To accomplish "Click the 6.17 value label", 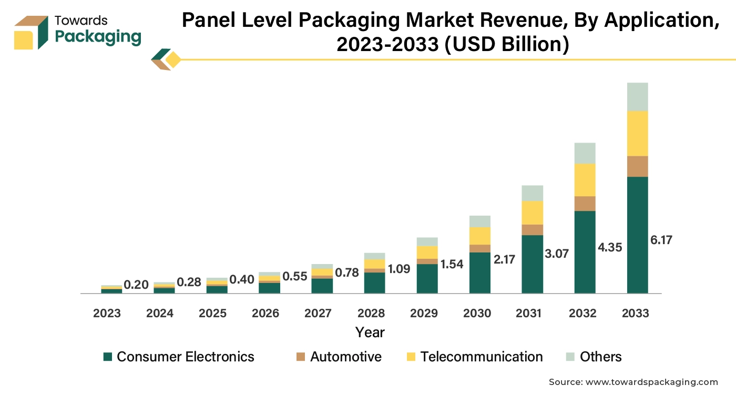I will pyautogui.click(x=661, y=240).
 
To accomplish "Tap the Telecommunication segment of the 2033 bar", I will pyautogui.click(x=637, y=133).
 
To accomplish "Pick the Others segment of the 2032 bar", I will pyautogui.click(x=585, y=153).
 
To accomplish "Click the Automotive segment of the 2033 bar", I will pyautogui.click(x=637, y=166).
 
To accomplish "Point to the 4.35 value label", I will pyautogui.click(x=610, y=247).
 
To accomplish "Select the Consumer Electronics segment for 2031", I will pyautogui.click(x=532, y=264).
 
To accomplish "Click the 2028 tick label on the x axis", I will pyautogui.click(x=371, y=313).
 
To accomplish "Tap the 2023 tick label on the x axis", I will pyautogui.click(x=107, y=313).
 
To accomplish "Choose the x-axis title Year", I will pyautogui.click(x=370, y=332).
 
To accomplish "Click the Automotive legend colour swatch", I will pyautogui.click(x=301, y=357).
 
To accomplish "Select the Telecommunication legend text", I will pyautogui.click(x=482, y=357).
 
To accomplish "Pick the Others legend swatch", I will pyautogui.click(x=570, y=357).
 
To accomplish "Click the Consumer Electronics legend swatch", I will pyautogui.click(x=108, y=357).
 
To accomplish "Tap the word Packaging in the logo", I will pyautogui.click(x=98, y=37).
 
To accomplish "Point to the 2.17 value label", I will pyautogui.click(x=505, y=259).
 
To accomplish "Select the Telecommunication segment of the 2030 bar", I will pyautogui.click(x=479, y=236).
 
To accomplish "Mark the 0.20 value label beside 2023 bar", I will pyautogui.click(x=136, y=285).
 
